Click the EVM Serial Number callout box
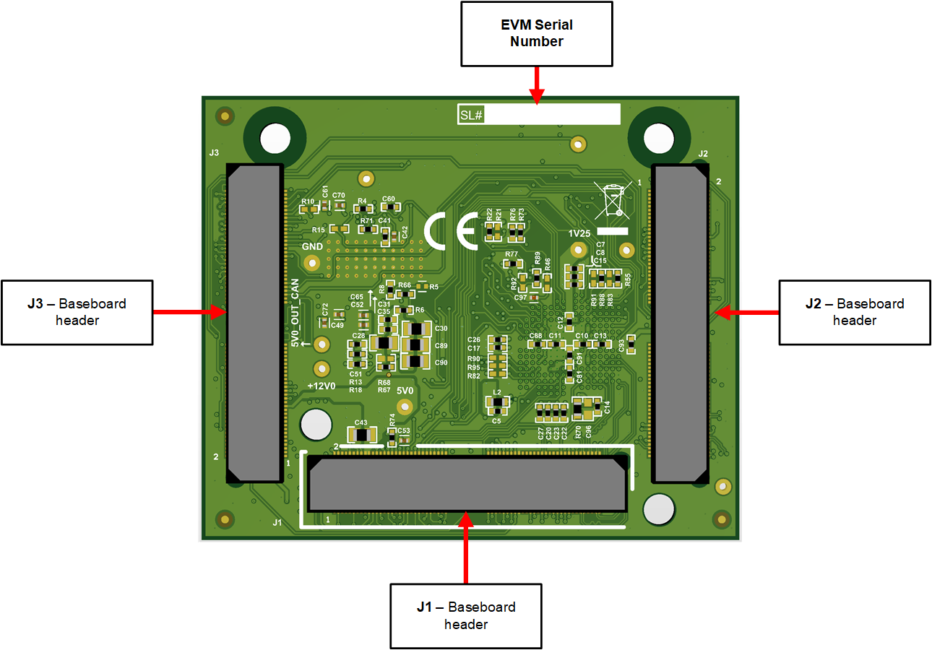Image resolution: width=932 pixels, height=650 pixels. pos(537,33)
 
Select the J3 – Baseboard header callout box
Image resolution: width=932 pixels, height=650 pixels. pos(77,312)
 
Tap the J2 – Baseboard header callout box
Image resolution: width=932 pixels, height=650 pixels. pos(854,312)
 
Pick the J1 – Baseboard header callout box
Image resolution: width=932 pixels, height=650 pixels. pos(466,615)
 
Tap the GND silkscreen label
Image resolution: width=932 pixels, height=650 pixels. pos(312,246)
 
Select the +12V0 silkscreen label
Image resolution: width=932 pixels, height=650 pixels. pos(322,386)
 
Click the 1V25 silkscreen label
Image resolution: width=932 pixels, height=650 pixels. pos(579,233)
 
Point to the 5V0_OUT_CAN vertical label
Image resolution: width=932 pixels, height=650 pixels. pos(295,313)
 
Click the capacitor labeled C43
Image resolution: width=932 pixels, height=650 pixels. pos(361,434)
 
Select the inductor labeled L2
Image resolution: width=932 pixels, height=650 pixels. pos(497,402)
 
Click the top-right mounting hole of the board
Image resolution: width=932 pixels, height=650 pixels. pos(658,137)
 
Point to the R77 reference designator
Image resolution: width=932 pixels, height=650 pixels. pos(512,254)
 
